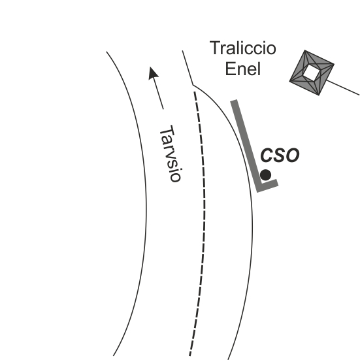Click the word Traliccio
[243, 48]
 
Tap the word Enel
[243, 69]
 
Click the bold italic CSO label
[280, 154]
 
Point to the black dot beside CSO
[266, 175]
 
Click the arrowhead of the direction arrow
[152, 73]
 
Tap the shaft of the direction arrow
[159, 93]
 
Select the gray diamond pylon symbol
[312, 73]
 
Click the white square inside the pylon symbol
[311, 73]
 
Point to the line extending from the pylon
[343, 88]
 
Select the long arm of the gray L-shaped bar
[246, 145]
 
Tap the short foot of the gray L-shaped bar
[268, 186]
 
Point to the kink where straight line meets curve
[193, 85]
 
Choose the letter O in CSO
[292, 155]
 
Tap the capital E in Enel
[230, 69]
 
